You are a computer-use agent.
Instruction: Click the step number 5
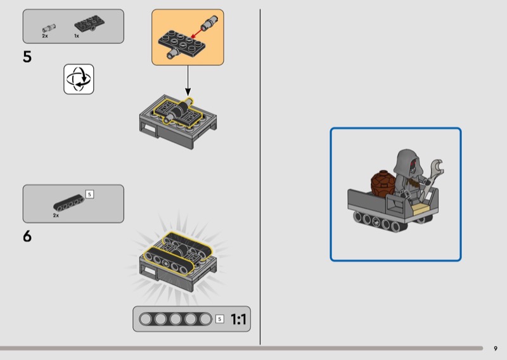coord(27,57)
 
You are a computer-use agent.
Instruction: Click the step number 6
coord(27,236)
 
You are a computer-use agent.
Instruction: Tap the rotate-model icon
coord(79,79)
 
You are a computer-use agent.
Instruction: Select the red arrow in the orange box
coord(196,33)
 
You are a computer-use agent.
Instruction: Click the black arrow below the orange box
coord(188,80)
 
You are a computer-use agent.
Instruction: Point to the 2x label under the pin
coord(45,36)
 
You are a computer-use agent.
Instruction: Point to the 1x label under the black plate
coord(77,36)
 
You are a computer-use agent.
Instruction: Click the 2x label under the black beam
coord(56,215)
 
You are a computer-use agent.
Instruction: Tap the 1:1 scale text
coord(239,319)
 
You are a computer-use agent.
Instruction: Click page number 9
coord(496,349)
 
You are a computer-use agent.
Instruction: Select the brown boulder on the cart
coord(383,183)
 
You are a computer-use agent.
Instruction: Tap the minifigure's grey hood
coord(407,161)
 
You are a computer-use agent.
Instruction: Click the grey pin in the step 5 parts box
coord(49,28)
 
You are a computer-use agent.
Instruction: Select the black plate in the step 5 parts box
coord(89,23)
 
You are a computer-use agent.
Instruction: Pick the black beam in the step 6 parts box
coord(69,203)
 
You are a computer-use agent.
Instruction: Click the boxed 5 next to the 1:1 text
coord(219,319)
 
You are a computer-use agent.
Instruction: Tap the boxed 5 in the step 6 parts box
coord(89,194)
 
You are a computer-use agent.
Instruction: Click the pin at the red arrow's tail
coord(209,22)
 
